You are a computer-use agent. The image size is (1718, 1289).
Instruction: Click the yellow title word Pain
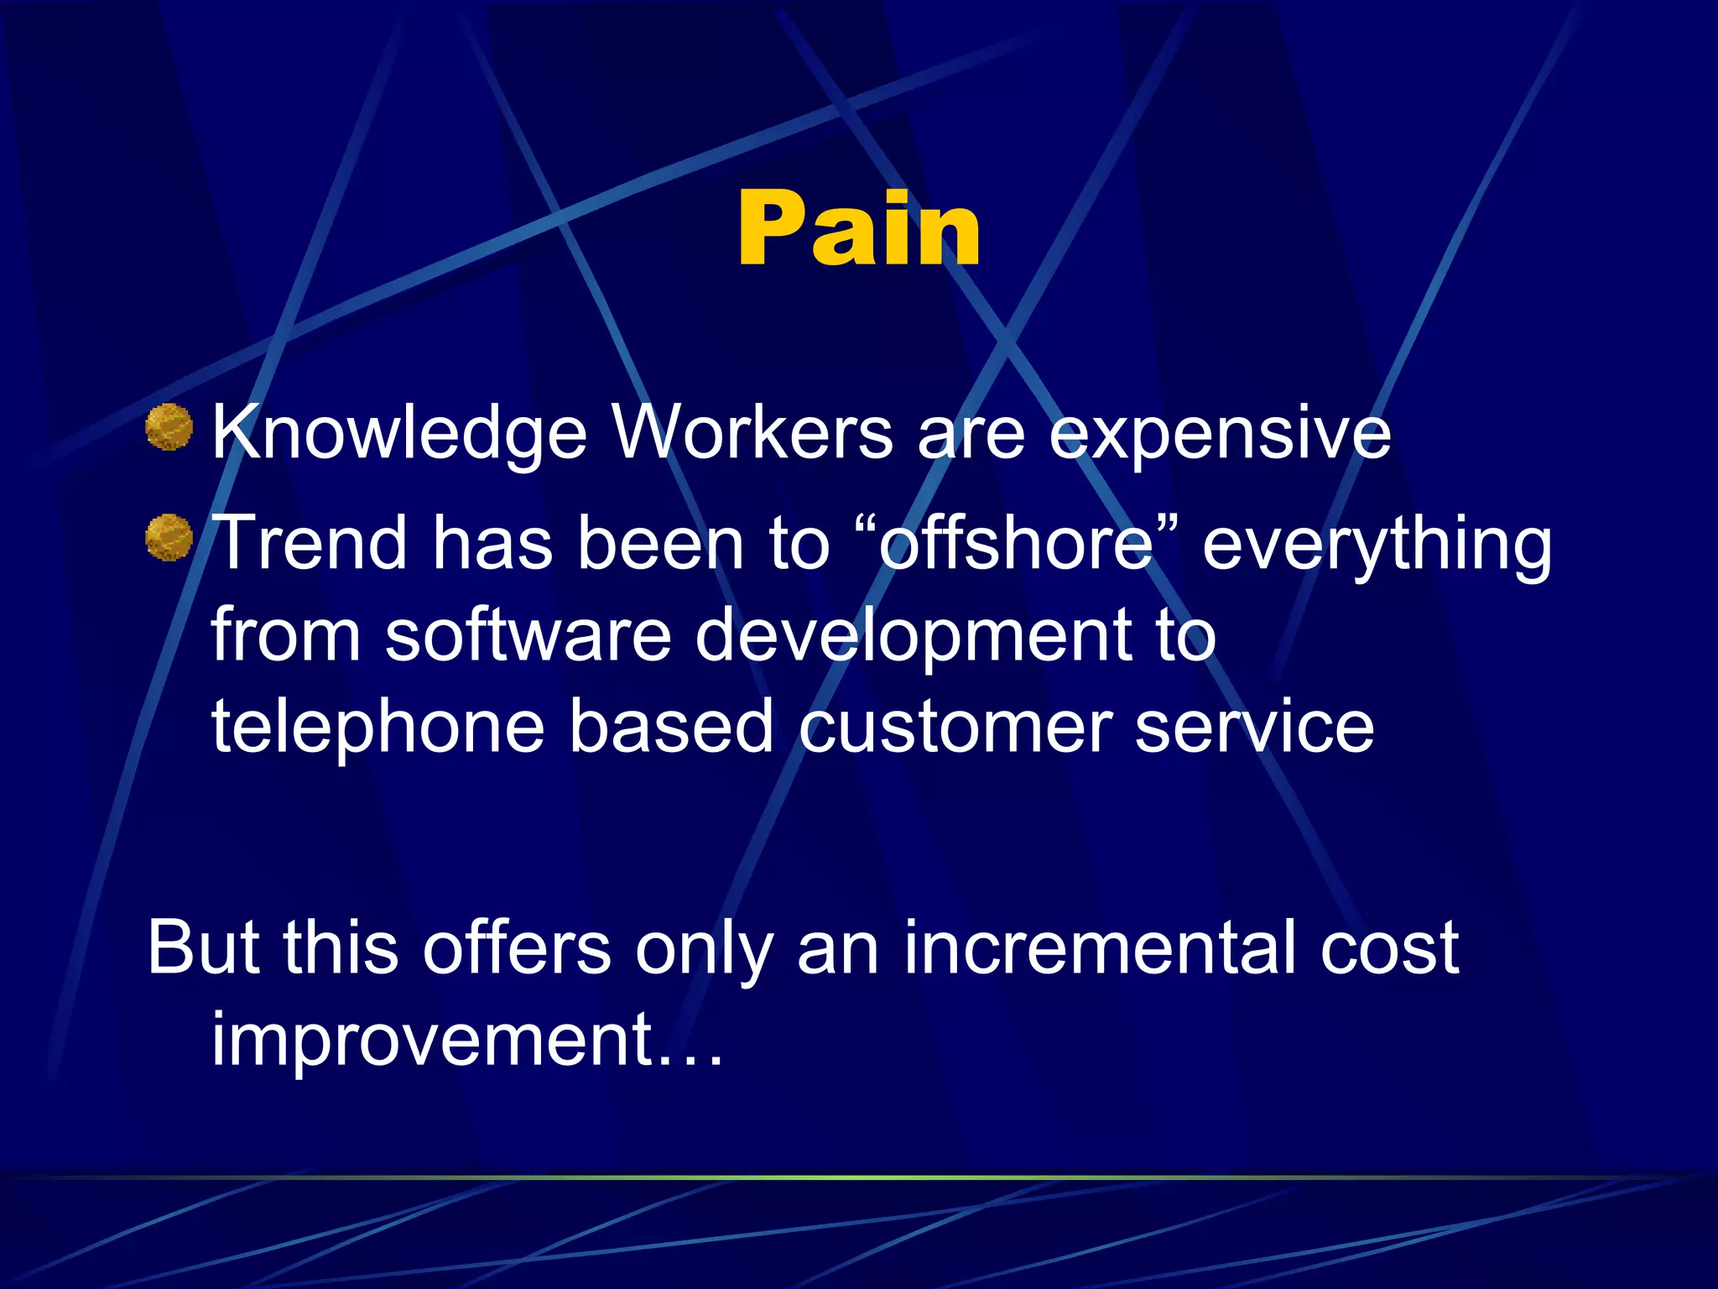pyautogui.click(x=859, y=228)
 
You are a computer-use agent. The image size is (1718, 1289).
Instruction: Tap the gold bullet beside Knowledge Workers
pyautogui.click(x=169, y=427)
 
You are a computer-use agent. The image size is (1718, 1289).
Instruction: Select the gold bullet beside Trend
pyautogui.click(x=169, y=538)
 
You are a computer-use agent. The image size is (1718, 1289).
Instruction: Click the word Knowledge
pyautogui.click(x=399, y=435)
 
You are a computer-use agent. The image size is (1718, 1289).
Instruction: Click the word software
pyautogui.click(x=528, y=635)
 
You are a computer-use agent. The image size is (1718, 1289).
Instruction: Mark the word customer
pyautogui.click(x=955, y=727)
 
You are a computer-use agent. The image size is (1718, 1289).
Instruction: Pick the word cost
pyautogui.click(x=1389, y=949)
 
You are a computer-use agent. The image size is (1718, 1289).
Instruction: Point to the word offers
pyautogui.click(x=517, y=947)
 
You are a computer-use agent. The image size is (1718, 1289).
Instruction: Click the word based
pyautogui.click(x=671, y=727)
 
